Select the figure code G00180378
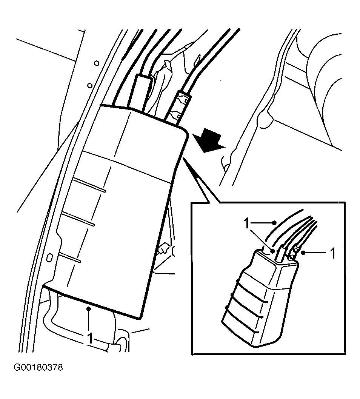click(38, 367)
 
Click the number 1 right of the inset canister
click(332, 253)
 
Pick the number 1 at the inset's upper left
click(246, 223)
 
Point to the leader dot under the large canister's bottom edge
click(89, 309)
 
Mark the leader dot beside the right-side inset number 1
click(303, 253)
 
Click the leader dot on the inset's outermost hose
click(274, 223)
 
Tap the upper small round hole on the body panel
click(97, 63)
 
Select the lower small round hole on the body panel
click(89, 85)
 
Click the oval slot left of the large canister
click(49, 258)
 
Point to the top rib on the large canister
click(89, 185)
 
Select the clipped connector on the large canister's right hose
click(178, 108)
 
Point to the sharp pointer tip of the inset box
click(183, 158)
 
